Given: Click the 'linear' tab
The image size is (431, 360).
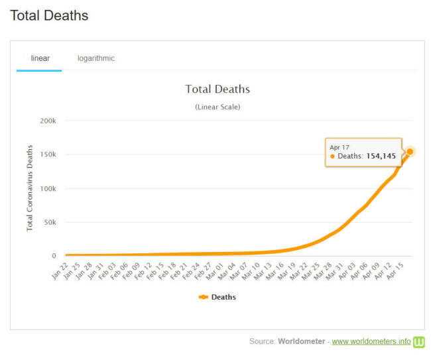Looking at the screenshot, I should click(40, 58).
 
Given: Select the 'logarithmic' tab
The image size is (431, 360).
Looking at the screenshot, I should click(95, 58).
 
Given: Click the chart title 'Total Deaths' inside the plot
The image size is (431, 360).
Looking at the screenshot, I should click(217, 89).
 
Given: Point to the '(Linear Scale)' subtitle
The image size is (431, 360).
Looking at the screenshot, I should click(217, 107).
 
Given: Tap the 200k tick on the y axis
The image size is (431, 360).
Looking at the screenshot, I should click(48, 121).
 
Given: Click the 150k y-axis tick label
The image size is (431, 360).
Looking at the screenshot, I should click(48, 155).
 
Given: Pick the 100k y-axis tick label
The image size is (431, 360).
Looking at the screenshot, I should click(48, 189).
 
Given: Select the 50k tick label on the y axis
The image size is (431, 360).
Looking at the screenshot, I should click(50, 223).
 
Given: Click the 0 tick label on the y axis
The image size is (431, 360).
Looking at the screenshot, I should click(54, 256).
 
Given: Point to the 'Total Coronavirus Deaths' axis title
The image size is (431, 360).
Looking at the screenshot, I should click(30, 189).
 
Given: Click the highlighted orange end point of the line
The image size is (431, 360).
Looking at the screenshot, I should click(410, 152).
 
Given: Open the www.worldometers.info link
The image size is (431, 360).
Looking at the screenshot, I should click(371, 341).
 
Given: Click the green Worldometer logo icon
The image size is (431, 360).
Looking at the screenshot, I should click(419, 341).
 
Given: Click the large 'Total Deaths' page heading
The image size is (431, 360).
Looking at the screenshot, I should click(49, 15).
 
